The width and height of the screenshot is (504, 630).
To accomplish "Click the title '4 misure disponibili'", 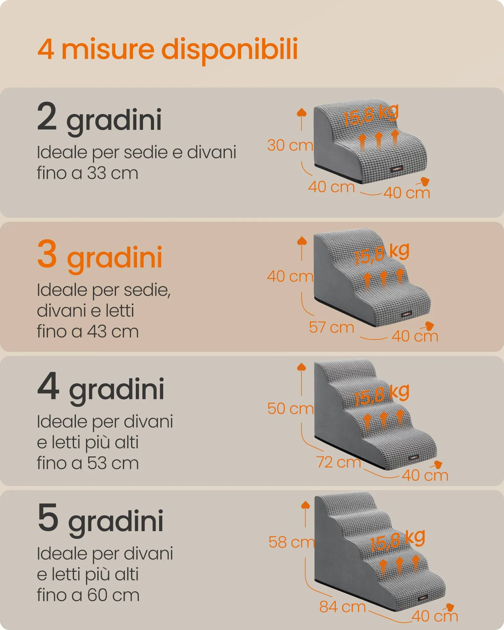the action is click(x=168, y=50).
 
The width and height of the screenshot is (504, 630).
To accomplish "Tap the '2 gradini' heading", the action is click(x=100, y=118).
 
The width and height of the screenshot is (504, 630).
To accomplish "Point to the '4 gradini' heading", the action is click(x=101, y=387).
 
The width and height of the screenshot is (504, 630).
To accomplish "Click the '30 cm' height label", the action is click(x=290, y=145).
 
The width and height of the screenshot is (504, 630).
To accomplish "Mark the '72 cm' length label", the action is click(x=339, y=462).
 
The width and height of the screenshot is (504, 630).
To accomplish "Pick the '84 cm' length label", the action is click(x=342, y=606).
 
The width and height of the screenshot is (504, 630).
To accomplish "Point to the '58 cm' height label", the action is click(x=292, y=542).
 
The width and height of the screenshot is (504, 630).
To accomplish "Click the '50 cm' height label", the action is click(x=290, y=409).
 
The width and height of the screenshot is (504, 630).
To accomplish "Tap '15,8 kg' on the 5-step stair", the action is click(x=398, y=541).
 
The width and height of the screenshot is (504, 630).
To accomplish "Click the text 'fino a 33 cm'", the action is click(x=88, y=173).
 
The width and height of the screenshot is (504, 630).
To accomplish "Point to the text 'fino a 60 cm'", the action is click(x=88, y=595).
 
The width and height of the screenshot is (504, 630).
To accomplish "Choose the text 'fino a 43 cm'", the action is click(x=88, y=331).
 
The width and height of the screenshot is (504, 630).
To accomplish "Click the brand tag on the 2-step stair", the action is click(x=397, y=169).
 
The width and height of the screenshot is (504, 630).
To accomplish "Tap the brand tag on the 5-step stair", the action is click(x=423, y=597).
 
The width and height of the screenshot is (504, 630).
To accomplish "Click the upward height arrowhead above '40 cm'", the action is click(x=302, y=241).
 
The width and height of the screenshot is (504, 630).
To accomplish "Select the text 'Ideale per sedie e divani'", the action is click(x=136, y=153).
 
